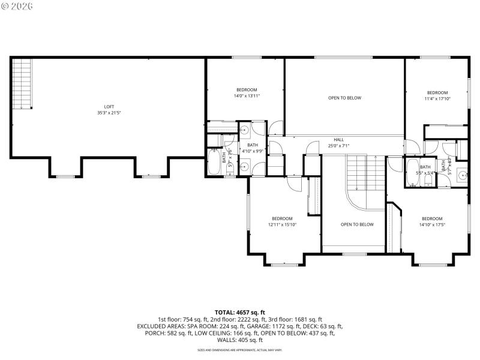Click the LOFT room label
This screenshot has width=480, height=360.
109,106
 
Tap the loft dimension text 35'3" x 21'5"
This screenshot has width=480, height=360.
109,113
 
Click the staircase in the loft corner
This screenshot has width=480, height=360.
22,84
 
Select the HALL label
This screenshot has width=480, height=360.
339,139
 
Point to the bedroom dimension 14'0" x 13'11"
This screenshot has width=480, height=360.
247,96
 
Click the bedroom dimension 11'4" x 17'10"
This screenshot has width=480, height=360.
437,99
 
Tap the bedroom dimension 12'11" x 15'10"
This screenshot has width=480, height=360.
282,225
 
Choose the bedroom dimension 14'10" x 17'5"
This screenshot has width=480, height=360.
432,225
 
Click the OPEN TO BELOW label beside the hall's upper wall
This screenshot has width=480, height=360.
344,98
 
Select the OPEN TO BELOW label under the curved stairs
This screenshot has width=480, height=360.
357,224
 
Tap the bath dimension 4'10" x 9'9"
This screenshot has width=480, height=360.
253,151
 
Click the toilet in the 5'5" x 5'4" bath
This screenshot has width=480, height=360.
428,178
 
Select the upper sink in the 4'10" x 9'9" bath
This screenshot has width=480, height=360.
245,130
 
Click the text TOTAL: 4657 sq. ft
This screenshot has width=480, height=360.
240,313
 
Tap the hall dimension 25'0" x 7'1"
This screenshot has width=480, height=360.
338,146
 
